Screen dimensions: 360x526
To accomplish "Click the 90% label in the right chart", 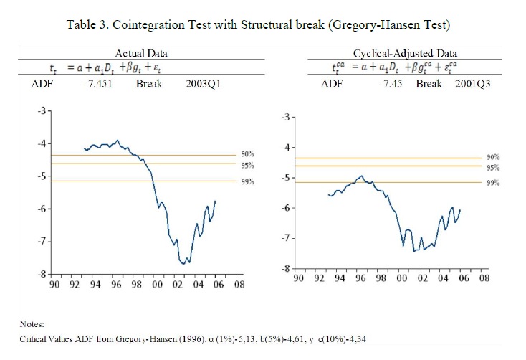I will pyautogui.click(x=492, y=157).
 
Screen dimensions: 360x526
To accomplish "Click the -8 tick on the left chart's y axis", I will pyautogui.click(x=43, y=274).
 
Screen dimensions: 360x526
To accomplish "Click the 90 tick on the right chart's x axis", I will pyautogui.click(x=299, y=278).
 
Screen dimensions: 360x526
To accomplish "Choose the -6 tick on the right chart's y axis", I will pyautogui.click(x=287, y=208).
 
